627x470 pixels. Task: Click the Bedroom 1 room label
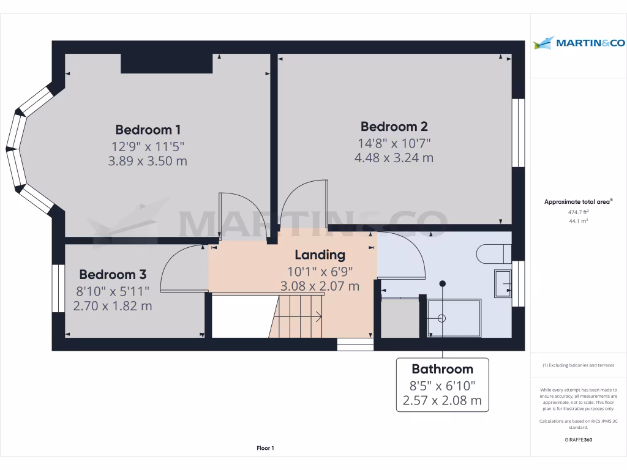[148, 130]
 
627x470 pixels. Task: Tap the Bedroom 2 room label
[394, 127]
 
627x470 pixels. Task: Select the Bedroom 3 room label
[112, 274]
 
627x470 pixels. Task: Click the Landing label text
[320, 255]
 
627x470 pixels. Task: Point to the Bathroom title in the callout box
[442, 369]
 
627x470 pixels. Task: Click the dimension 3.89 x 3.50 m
[148, 162]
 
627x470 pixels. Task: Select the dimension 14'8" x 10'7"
[394, 143]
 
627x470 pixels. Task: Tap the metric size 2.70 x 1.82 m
[112, 305]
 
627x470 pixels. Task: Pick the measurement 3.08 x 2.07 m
[320, 286]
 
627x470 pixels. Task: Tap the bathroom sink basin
[502, 283]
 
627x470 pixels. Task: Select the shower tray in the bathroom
[454, 318]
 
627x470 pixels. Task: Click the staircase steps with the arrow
[298, 316]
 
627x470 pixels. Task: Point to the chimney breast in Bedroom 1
[167, 64]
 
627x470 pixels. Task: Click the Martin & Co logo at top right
[579, 43]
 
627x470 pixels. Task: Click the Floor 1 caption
[265, 449]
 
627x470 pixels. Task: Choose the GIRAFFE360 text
[578, 440]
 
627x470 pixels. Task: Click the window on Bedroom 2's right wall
[518, 133]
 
